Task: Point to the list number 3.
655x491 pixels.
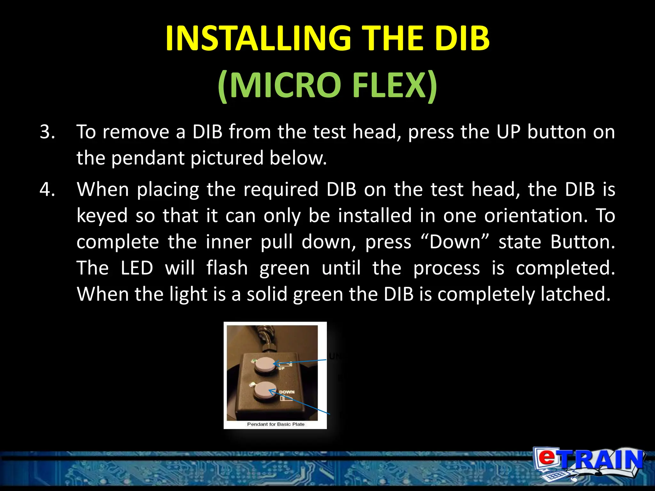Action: point(47,132)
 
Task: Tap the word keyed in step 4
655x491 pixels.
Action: point(102,216)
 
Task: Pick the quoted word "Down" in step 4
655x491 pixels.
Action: point(455,242)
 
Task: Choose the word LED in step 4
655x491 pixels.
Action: point(137,268)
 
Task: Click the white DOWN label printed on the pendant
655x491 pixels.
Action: point(287,392)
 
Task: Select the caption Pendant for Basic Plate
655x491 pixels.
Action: point(276,424)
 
